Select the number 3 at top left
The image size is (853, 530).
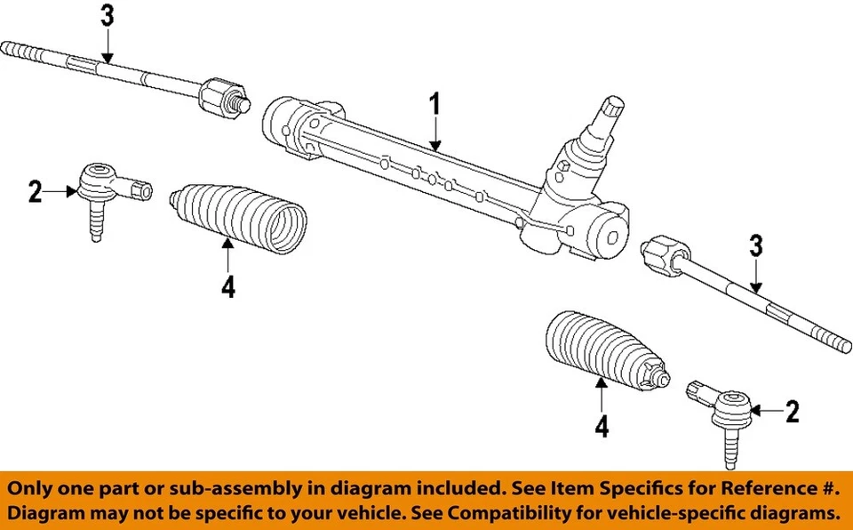107,17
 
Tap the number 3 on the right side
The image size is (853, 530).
755,246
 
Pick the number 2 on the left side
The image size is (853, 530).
35,190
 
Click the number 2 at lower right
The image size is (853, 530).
792,410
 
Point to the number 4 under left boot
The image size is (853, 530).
228,286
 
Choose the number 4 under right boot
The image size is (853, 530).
602,428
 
